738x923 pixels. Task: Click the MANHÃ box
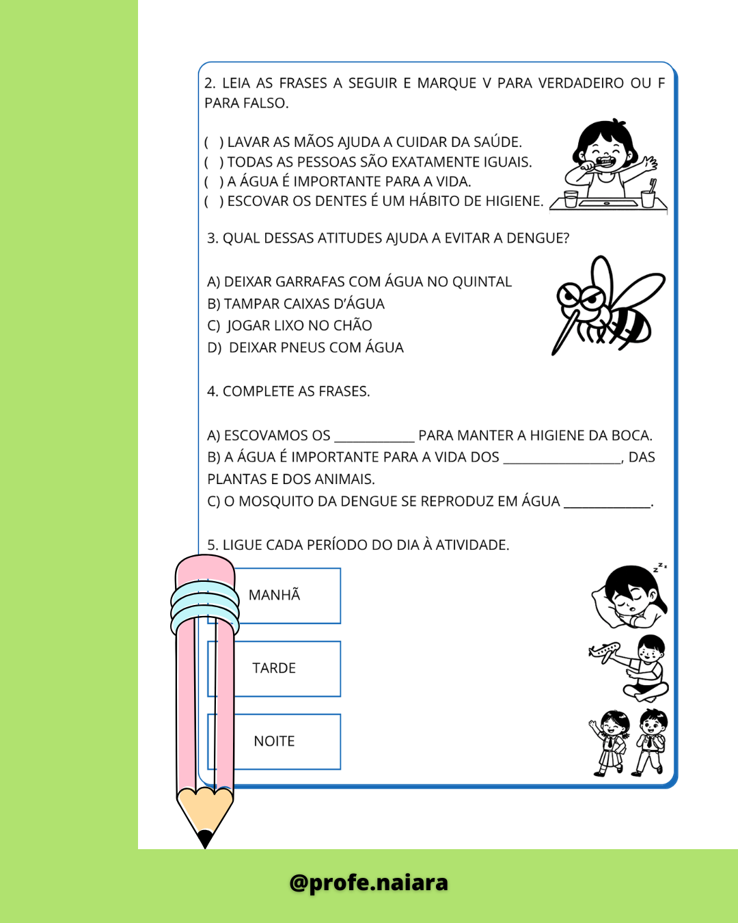click(x=287, y=596)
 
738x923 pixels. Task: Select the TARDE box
click(x=287, y=669)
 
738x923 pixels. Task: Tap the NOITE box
click(x=287, y=742)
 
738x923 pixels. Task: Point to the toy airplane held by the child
click(x=605, y=650)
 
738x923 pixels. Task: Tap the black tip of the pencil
click(x=204, y=839)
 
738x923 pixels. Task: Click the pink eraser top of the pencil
click(x=204, y=569)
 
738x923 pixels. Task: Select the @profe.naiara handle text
click(x=369, y=883)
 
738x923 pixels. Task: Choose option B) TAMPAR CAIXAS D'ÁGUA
click(x=296, y=304)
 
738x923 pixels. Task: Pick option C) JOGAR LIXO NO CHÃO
click(x=290, y=325)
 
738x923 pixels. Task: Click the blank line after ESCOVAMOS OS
click(x=374, y=438)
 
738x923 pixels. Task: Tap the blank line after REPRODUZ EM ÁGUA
click(x=607, y=503)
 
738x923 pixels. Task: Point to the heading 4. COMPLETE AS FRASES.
click(x=288, y=392)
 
